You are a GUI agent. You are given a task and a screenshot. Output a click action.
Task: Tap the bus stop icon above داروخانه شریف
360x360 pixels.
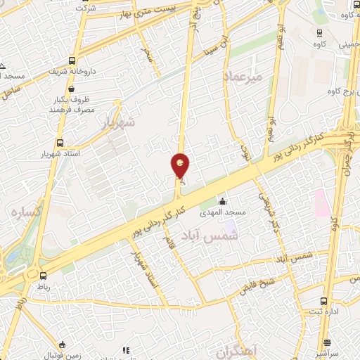(x=72, y=60)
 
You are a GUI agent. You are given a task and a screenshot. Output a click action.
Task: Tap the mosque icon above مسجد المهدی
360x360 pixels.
(x=222, y=202)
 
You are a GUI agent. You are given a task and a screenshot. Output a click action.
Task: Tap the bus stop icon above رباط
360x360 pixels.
(x=43, y=276)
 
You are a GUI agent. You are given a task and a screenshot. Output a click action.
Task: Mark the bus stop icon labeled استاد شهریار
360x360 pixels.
(x=59, y=142)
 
